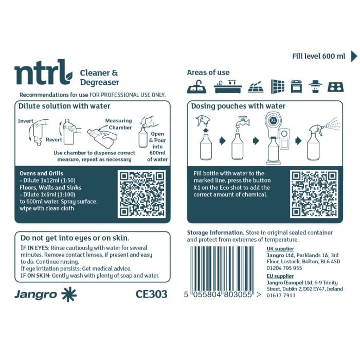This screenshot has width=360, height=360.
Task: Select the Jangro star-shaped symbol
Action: (68, 295)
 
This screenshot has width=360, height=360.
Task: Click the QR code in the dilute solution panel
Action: (142, 193)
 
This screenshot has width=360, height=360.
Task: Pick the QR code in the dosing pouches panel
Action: (314, 193)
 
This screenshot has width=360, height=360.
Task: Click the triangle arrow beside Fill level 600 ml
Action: (354, 56)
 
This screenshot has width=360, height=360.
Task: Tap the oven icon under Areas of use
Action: (296, 86)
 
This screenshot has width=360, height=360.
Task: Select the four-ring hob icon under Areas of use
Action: (335, 86)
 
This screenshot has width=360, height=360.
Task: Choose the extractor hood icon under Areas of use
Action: (315, 86)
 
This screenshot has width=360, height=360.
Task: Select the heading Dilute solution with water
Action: (64, 106)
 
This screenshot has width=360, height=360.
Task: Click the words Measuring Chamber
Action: (118, 124)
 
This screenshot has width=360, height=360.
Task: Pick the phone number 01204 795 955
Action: (284, 268)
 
